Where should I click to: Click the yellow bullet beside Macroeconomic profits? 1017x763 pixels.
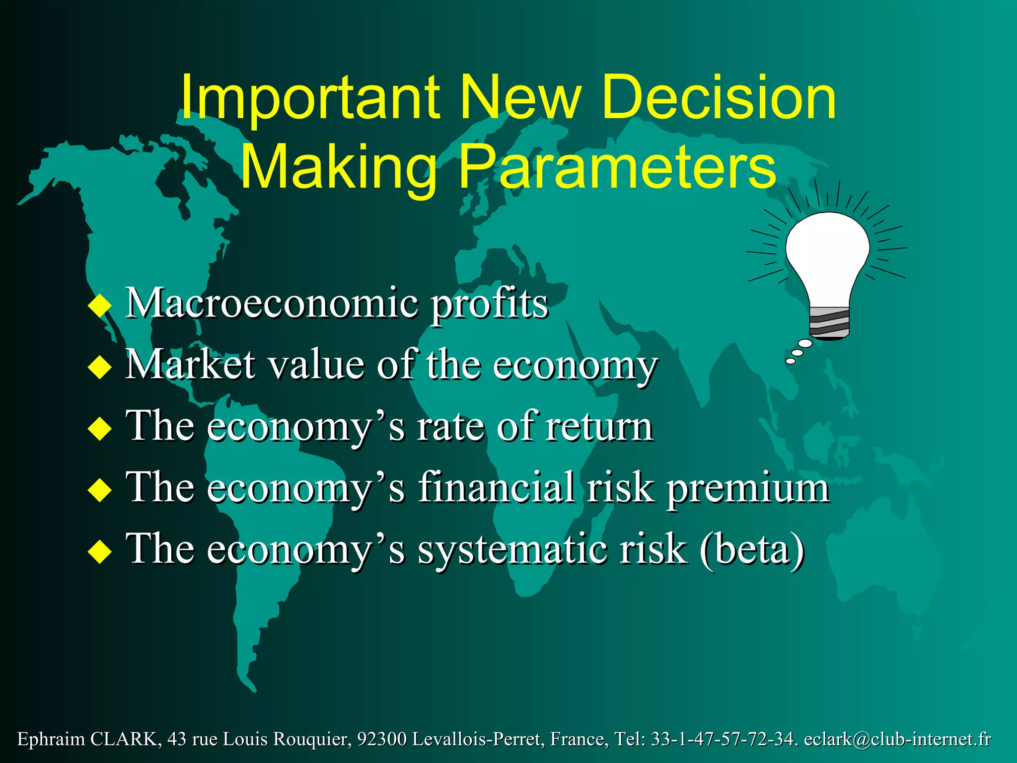(100, 305)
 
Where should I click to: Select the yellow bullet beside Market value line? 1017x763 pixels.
(100, 367)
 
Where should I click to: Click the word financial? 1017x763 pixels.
(496, 488)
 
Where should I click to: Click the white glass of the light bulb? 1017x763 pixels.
(828, 253)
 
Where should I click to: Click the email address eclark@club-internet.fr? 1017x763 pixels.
(897, 739)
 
